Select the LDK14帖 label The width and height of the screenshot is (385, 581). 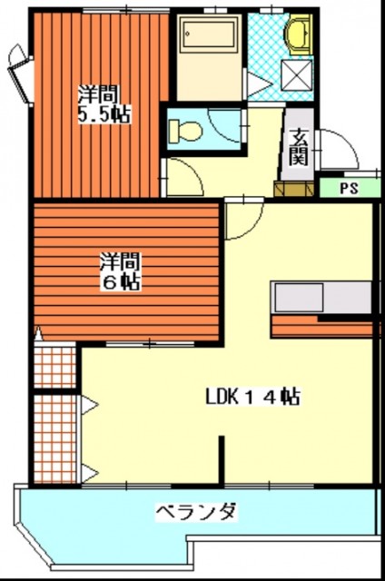[252, 397]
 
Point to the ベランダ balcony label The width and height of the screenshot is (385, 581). [195, 513]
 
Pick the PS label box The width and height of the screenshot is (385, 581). [348, 190]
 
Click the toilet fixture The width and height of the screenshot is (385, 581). [185, 130]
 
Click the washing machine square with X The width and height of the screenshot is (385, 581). [297, 74]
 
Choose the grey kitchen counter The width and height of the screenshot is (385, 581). [322, 297]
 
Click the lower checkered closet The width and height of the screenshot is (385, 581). [54, 438]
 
